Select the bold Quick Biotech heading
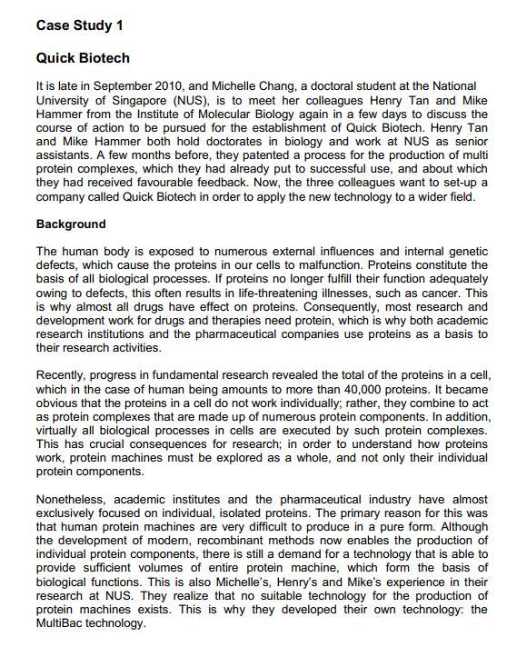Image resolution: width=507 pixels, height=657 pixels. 83,59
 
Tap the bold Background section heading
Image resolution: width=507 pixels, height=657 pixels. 71,224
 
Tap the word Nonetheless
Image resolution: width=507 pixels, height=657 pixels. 73,501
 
